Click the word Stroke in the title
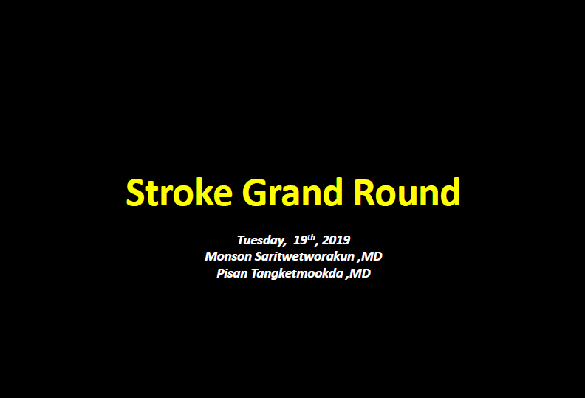point(179,192)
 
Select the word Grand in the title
point(292,192)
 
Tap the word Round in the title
point(407,192)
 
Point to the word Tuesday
point(261,240)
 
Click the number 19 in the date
point(300,240)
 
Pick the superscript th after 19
point(311,237)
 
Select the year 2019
point(336,240)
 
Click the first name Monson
point(228,257)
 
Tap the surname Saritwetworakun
point(304,257)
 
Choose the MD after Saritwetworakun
point(372,257)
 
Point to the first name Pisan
point(232,273)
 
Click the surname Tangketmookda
point(297,274)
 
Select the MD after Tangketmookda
point(360,273)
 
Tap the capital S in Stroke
point(135,193)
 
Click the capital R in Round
point(363,193)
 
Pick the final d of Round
point(451,192)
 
